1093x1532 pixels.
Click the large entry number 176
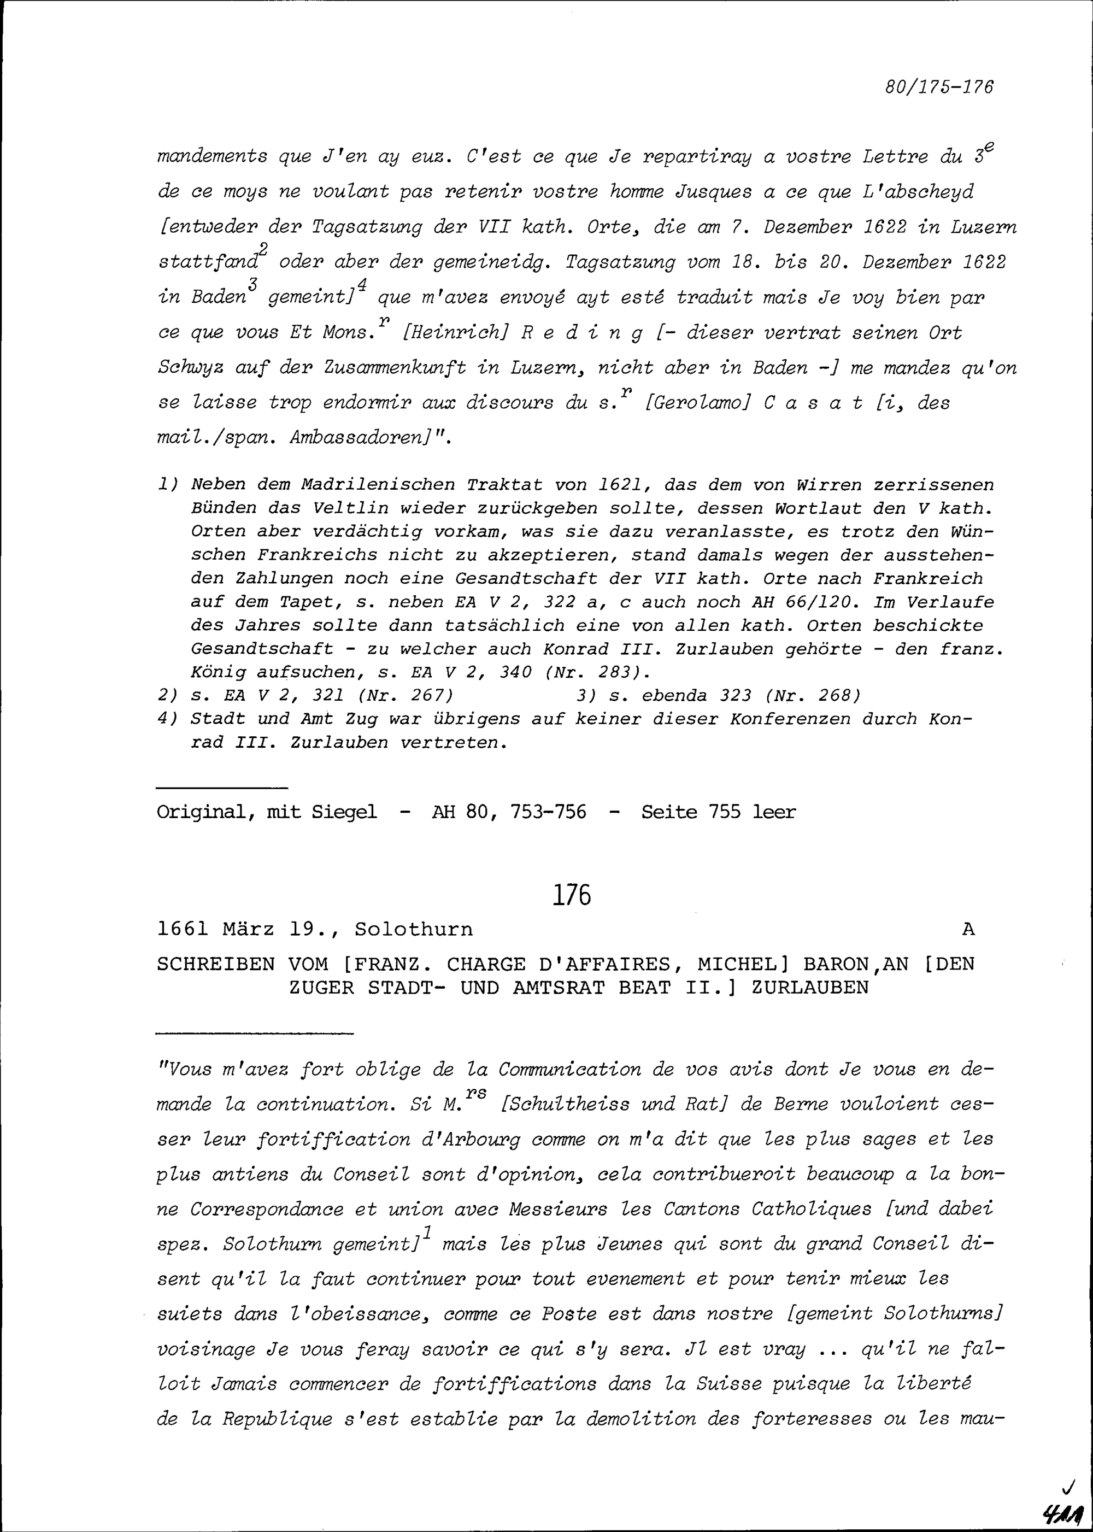pos(572,896)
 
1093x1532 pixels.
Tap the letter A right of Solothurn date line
pos(968,930)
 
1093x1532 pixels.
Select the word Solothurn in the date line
pos(413,930)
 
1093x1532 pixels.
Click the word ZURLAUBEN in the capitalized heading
pos(810,988)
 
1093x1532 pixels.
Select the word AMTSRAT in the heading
pos(516,988)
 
